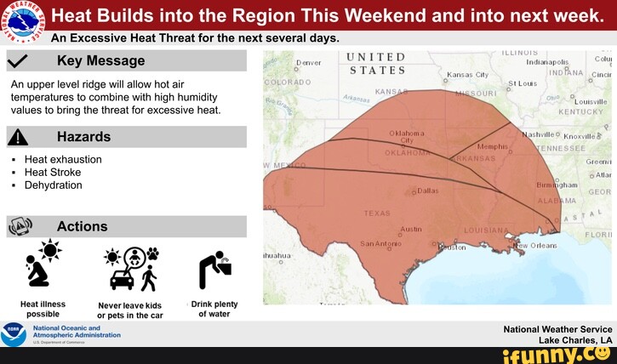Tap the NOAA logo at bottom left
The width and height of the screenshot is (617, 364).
click(x=14, y=334)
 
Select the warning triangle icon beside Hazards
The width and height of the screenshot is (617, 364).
click(x=19, y=138)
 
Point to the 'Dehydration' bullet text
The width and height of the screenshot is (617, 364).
click(x=53, y=185)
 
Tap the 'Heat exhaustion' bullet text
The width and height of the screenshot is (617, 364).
click(x=63, y=159)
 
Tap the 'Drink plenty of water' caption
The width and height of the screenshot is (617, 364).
click(x=214, y=309)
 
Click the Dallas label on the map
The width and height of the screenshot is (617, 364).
click(x=428, y=191)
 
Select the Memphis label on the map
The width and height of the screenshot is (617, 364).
click(x=493, y=147)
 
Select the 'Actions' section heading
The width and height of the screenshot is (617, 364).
click(x=82, y=226)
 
